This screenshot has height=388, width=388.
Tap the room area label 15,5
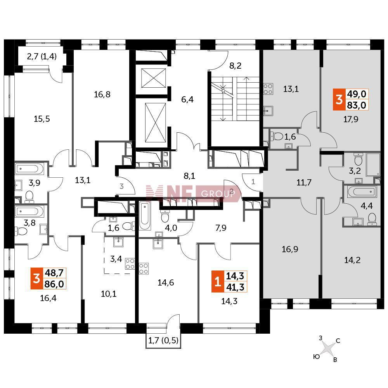[x=42, y=119]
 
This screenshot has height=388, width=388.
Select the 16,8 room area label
[x=102, y=94]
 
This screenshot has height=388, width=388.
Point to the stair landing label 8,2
[x=236, y=66]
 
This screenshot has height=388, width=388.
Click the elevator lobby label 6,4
[x=187, y=99]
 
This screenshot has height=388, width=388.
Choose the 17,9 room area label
[x=351, y=119]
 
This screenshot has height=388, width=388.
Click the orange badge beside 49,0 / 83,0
[x=339, y=99]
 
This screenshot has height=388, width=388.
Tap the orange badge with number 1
[x=218, y=281]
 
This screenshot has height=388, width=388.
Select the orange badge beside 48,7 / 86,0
[x=36, y=278]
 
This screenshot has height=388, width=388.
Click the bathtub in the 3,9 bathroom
[x=29, y=169]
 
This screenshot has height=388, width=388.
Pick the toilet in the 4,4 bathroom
[x=372, y=219]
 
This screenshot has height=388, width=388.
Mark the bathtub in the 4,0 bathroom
[x=144, y=215]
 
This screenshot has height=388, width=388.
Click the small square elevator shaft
[x=153, y=78]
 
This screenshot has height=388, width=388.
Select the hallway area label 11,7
[x=304, y=183]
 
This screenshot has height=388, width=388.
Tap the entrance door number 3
[x=121, y=186]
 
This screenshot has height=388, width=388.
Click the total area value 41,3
[x=236, y=287]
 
